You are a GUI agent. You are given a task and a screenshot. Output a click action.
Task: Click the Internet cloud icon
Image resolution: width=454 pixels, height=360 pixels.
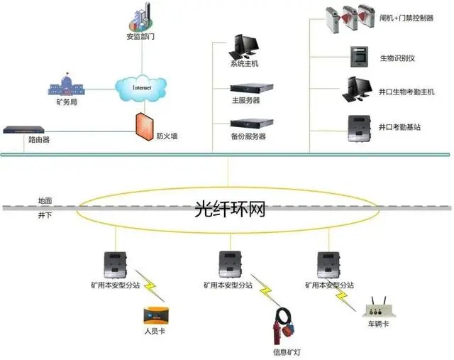pos(141,88)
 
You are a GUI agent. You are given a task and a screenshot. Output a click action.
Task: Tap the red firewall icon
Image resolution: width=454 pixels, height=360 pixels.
pos(145,127)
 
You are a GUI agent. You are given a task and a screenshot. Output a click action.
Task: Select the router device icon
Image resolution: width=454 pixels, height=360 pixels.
pos(23,129)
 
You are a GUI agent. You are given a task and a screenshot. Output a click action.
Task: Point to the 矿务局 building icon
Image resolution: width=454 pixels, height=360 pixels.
pos(66,84)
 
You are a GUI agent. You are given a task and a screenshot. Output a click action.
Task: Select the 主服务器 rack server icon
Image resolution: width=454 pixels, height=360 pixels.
pos(252,88)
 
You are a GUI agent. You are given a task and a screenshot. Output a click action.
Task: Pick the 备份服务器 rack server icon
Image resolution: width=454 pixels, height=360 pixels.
pos(252,124)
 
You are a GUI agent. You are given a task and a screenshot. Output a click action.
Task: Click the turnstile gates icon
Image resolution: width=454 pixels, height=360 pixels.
pos(350,18)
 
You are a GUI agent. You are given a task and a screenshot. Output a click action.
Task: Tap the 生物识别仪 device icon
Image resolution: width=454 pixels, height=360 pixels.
pos(360,57)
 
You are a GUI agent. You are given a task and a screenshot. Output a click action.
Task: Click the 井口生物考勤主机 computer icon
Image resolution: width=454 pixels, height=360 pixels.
pos(357,89)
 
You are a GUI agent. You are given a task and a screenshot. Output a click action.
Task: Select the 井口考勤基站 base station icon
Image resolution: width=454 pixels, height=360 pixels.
pos(360,129)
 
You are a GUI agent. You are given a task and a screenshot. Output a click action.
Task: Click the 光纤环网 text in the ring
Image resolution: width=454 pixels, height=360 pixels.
pos(230,209)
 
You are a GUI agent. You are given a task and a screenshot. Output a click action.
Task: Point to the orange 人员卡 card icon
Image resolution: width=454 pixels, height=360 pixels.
pos(156,316)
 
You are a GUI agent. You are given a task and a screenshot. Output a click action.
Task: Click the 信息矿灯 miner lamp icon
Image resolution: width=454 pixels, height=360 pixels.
pos(283,326)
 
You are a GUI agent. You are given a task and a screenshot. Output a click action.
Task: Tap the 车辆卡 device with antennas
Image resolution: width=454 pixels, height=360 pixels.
pos(379,308)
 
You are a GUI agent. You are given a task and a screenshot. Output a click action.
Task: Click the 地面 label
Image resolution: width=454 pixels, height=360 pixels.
pos(45,200)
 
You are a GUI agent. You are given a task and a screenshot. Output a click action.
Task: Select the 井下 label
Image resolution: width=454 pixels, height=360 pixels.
pos(45,215)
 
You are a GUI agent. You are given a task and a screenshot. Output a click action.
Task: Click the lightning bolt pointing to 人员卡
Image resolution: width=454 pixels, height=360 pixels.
pos(150,286)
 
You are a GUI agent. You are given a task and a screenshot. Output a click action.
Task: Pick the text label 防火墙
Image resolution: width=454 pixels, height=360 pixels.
pos(167,136)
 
